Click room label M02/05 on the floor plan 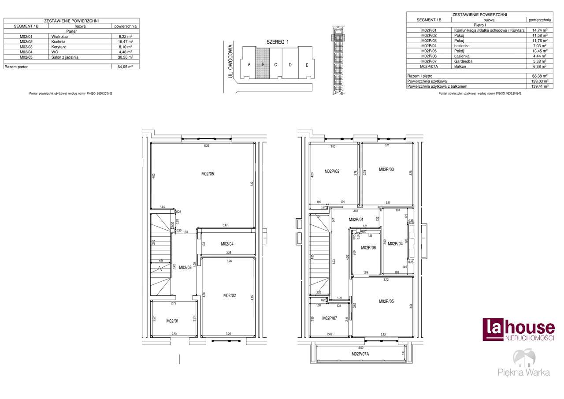coord(208,174)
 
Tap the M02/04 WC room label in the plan coord(227,244)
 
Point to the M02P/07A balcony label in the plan coord(360,354)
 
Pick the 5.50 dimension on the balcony coord(361,348)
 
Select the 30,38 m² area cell coord(125,57)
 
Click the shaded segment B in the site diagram coord(263,64)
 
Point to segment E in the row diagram coord(307,65)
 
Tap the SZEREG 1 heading coord(277,42)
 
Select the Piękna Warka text coord(523,372)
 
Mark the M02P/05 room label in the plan coord(386,302)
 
